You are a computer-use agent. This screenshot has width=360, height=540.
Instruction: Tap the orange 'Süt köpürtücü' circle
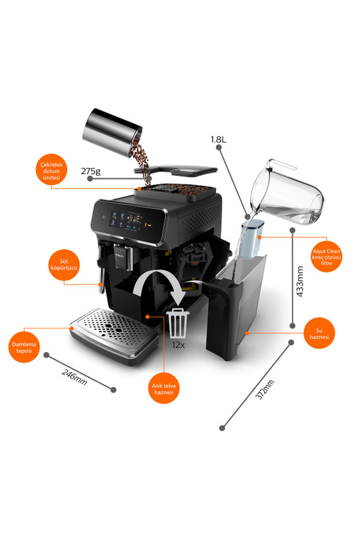pos(64,265)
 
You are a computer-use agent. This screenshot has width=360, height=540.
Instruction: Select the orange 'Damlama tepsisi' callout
pos(24,347)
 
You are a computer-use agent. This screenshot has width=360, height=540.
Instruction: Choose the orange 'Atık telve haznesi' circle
pos(164,388)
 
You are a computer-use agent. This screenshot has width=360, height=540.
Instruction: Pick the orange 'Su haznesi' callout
pos(319,333)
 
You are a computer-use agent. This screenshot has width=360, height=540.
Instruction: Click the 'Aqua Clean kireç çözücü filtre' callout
pos(326,257)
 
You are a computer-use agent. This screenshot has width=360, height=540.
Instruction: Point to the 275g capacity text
pos(91,171)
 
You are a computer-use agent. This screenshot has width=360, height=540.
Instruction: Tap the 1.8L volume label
pos(219,140)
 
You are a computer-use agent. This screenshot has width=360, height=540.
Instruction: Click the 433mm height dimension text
pos(300,281)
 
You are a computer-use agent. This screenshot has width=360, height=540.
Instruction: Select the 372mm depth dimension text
pos(265,389)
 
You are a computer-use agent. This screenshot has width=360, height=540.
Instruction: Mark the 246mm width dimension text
pos(74,377)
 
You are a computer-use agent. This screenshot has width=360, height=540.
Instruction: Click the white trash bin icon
pos(178,323)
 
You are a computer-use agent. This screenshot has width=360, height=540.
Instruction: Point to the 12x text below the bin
pos(178,344)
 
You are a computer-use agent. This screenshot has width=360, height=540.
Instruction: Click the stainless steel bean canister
pos(112,132)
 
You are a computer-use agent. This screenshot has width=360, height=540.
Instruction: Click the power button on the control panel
pos(102,217)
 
